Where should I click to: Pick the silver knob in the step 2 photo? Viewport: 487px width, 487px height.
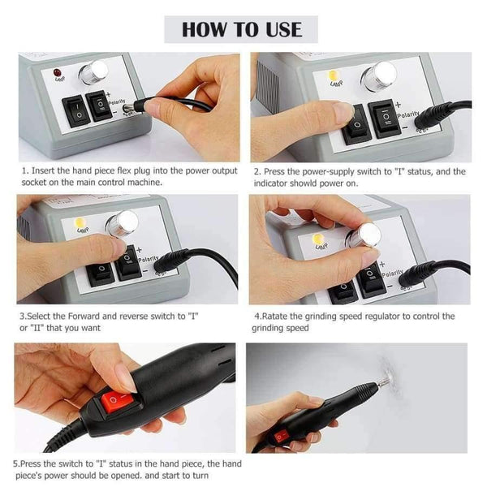[x=378, y=76]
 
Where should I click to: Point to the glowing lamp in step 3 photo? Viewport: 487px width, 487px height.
[x=82, y=222]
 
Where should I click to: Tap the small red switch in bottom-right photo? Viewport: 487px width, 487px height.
[x=280, y=436]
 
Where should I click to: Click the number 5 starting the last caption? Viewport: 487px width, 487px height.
[x=15, y=463]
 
